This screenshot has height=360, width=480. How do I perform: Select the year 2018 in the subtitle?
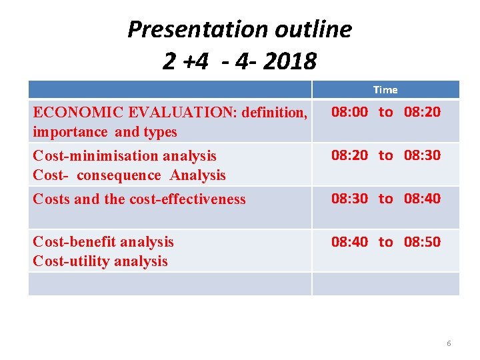coord(291,62)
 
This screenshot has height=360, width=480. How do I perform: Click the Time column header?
coord(385,89)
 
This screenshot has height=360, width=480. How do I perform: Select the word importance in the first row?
coord(67,132)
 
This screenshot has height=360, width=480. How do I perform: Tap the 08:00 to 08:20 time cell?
coord(386,112)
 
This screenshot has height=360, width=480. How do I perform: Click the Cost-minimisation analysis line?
coord(125,156)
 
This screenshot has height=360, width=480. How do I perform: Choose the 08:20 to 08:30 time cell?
coord(386,155)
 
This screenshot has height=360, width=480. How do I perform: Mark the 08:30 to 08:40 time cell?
coord(386,199)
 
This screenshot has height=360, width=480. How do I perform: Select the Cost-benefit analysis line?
coord(103,242)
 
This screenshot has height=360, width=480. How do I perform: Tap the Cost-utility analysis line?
coord(100,261)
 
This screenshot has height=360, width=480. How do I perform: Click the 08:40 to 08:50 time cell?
coord(386,242)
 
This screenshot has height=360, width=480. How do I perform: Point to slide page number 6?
coord(449,343)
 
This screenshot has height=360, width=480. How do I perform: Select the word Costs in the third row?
coord(51,199)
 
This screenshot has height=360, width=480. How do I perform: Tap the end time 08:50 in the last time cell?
coord(422,242)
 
